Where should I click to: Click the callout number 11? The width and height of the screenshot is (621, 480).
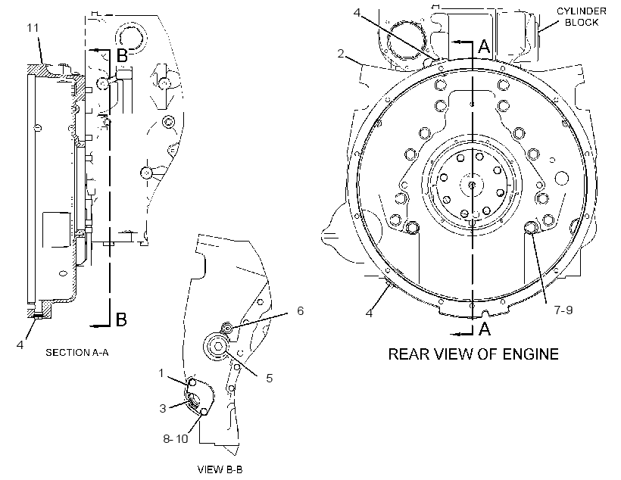tap(33, 28)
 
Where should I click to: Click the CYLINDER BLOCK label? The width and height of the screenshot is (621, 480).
tap(582, 17)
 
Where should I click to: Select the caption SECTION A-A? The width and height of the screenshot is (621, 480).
tap(77, 352)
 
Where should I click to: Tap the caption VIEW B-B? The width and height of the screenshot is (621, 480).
tap(220, 469)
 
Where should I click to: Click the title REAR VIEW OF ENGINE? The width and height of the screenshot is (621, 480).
tap(473, 354)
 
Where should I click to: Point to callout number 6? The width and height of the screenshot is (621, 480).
tap(301, 311)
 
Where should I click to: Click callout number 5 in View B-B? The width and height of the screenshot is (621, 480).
tap(270, 379)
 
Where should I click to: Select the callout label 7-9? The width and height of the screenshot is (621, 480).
tap(563, 310)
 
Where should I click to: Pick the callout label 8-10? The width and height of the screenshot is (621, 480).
tap(176, 439)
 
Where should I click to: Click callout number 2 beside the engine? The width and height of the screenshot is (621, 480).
tap(341, 53)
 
